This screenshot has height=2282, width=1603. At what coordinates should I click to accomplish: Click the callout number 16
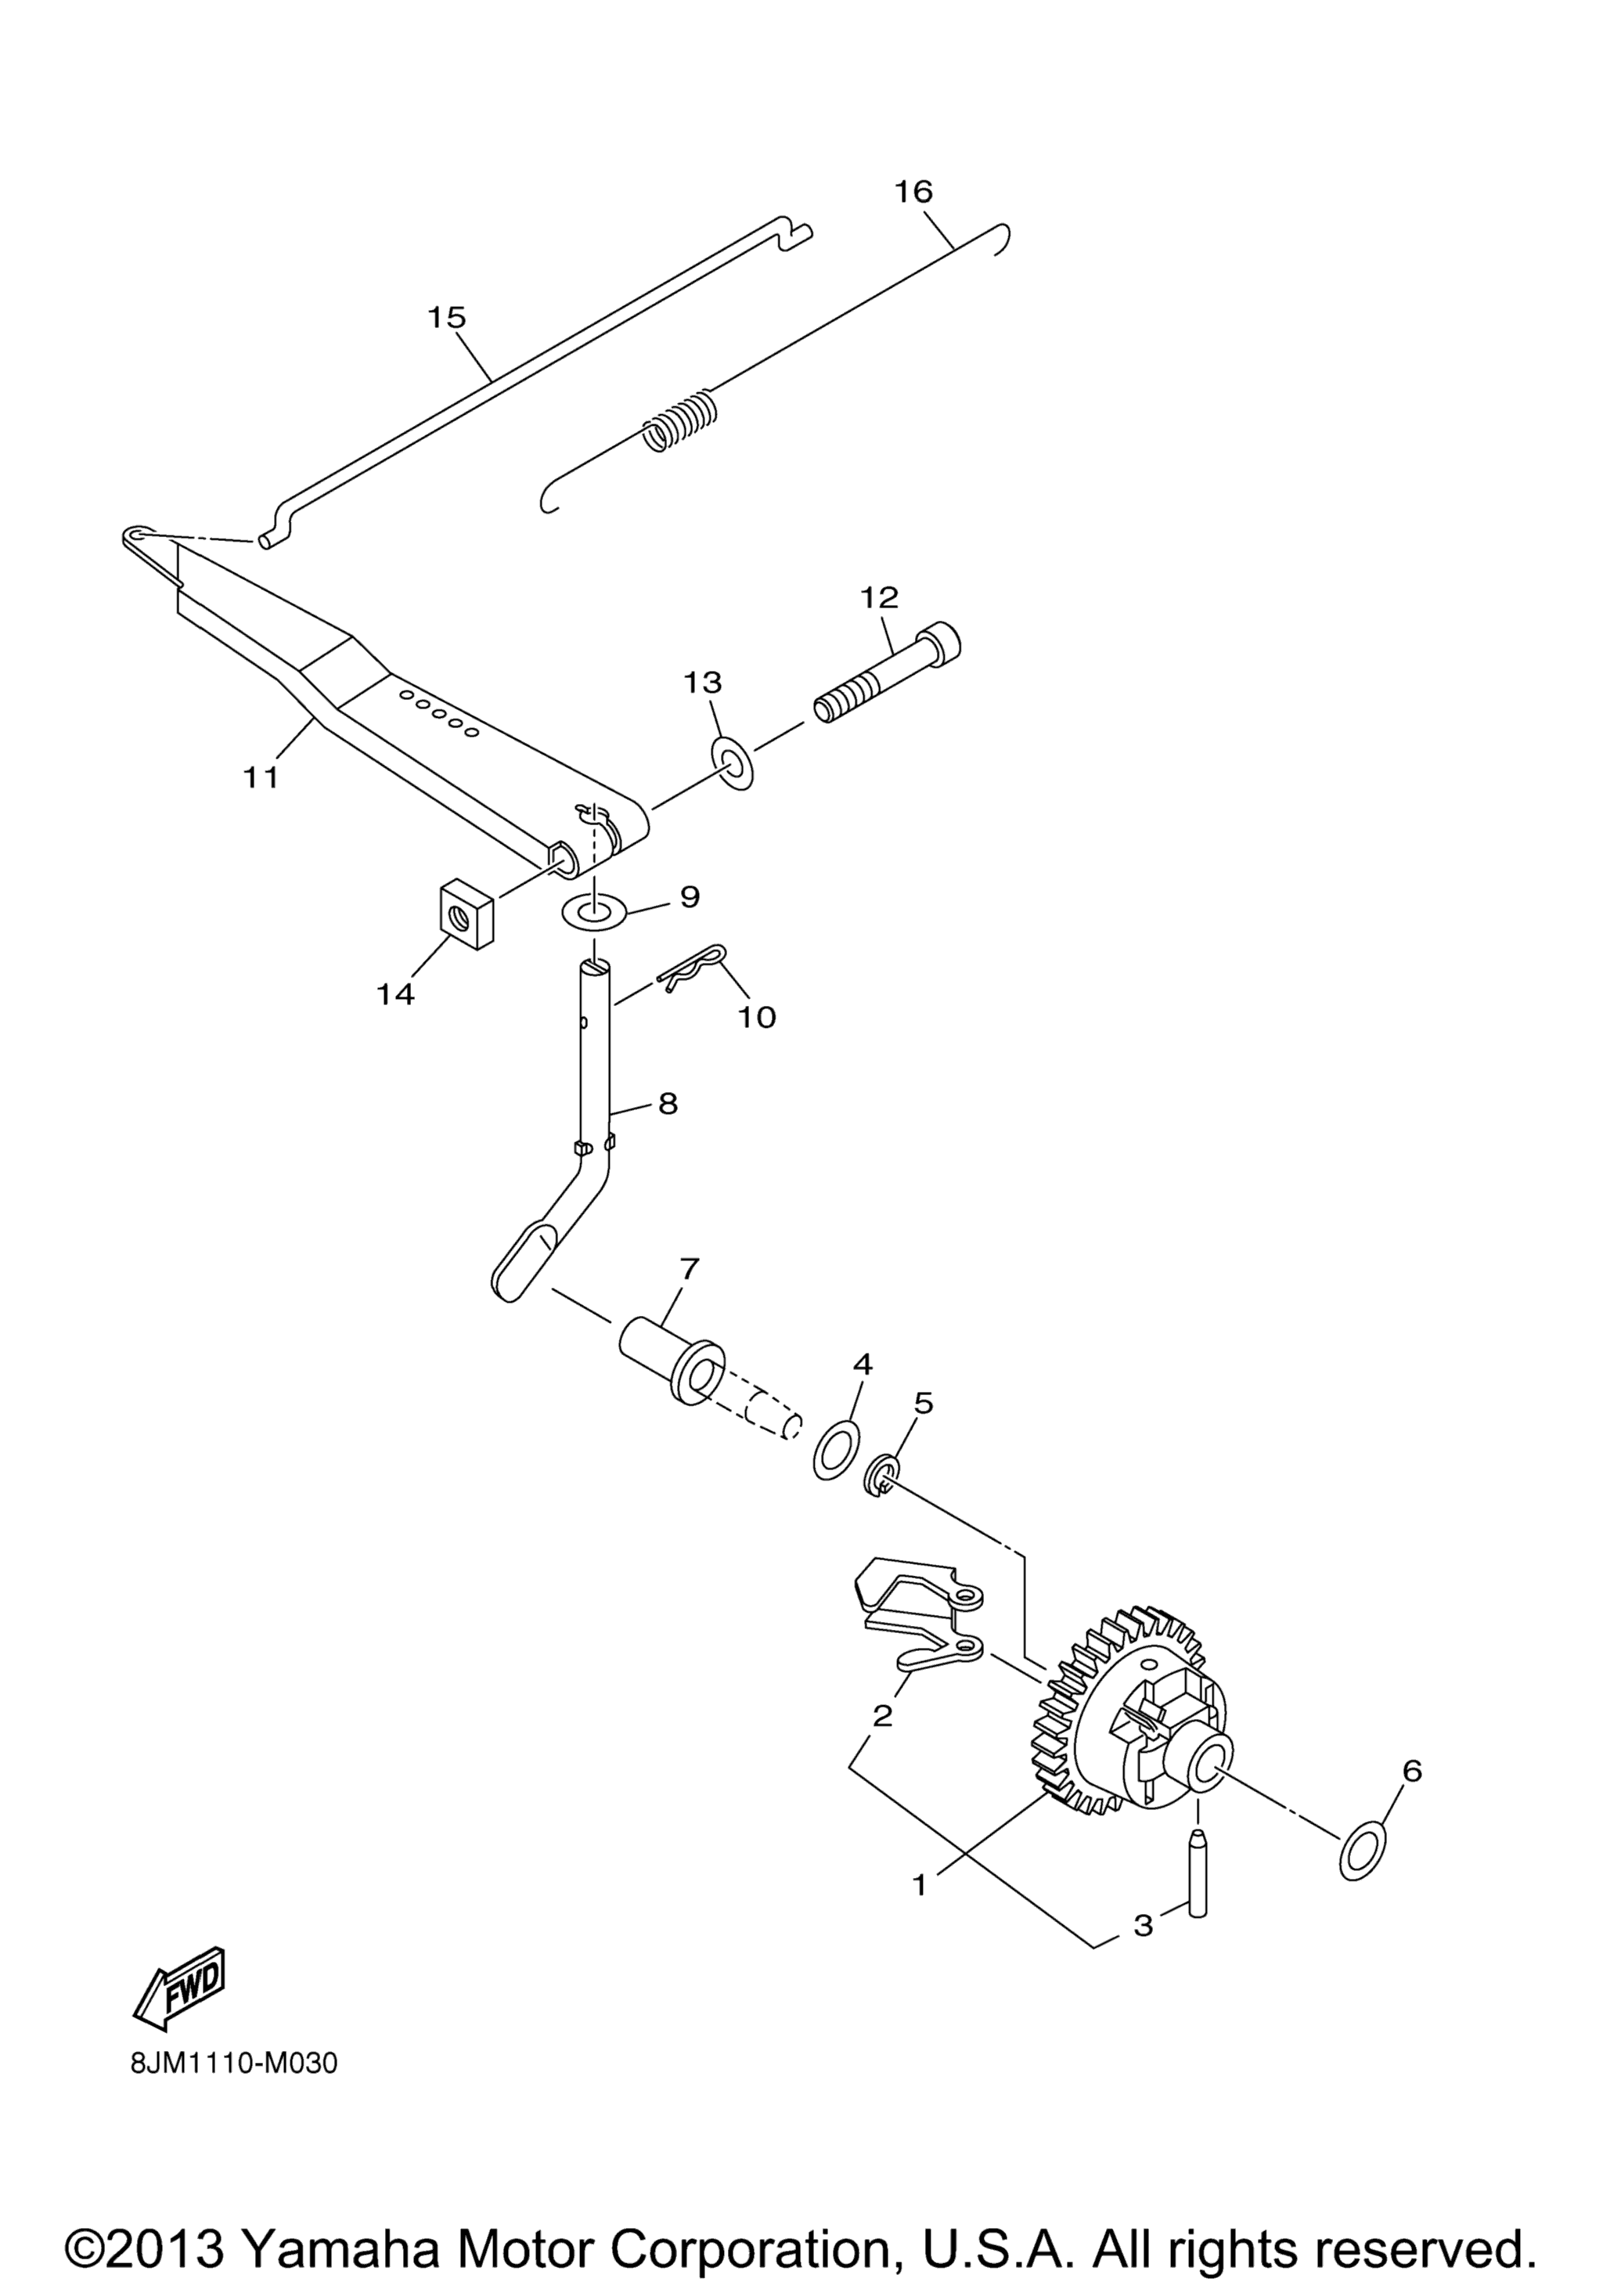(x=913, y=191)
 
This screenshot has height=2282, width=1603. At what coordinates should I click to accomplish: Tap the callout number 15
(x=446, y=318)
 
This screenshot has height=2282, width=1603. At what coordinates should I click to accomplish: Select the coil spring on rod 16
(x=679, y=420)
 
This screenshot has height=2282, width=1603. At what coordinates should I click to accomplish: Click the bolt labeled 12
(x=888, y=674)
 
